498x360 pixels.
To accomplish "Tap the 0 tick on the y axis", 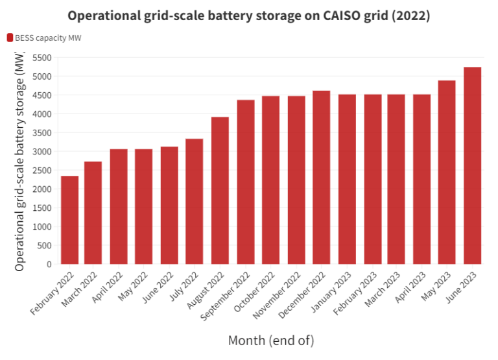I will point(48,265).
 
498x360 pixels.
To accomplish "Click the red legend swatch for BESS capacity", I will point(10,38).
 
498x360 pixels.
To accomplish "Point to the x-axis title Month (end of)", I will point(271,340).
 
